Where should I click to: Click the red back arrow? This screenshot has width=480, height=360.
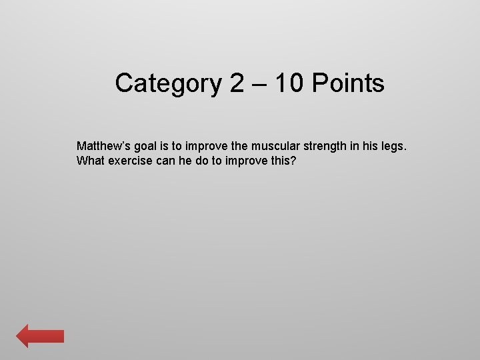click(40, 336)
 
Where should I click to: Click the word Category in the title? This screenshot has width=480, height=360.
click(167, 84)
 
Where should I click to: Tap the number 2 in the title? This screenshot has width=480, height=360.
click(238, 84)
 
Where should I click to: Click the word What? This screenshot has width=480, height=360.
click(90, 161)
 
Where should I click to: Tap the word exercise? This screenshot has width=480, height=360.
click(130, 161)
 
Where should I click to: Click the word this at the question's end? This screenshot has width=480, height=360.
click(283, 161)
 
